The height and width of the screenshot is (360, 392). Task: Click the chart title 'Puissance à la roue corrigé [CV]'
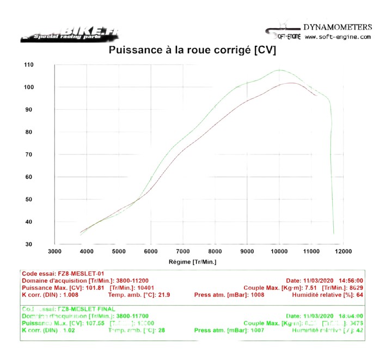192,50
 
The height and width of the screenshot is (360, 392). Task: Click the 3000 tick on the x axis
54,251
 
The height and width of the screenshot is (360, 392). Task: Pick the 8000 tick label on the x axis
215,251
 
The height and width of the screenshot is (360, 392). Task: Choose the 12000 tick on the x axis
343,251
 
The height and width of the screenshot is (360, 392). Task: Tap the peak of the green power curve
279,70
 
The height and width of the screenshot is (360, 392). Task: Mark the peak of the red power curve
291,83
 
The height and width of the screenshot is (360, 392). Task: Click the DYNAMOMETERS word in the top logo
338,27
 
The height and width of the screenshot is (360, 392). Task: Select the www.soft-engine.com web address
338,37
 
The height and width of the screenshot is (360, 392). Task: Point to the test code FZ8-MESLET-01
79,274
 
